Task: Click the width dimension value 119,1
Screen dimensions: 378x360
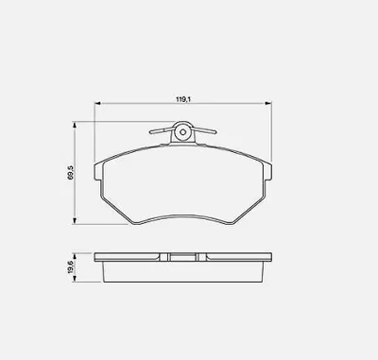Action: (183, 99)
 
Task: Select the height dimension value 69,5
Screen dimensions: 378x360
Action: (70, 172)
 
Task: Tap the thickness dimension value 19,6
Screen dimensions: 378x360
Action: (70, 266)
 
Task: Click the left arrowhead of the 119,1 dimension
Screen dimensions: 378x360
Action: (97, 103)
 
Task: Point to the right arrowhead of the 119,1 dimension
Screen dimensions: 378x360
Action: (268, 103)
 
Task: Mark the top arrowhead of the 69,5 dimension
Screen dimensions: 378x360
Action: (75, 125)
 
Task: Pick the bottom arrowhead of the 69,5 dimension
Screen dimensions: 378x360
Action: (75, 221)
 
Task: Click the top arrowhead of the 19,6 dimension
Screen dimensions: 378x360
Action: (75, 255)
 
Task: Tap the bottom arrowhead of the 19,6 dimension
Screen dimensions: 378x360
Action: (75, 279)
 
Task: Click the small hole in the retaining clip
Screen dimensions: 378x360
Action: (182, 132)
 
